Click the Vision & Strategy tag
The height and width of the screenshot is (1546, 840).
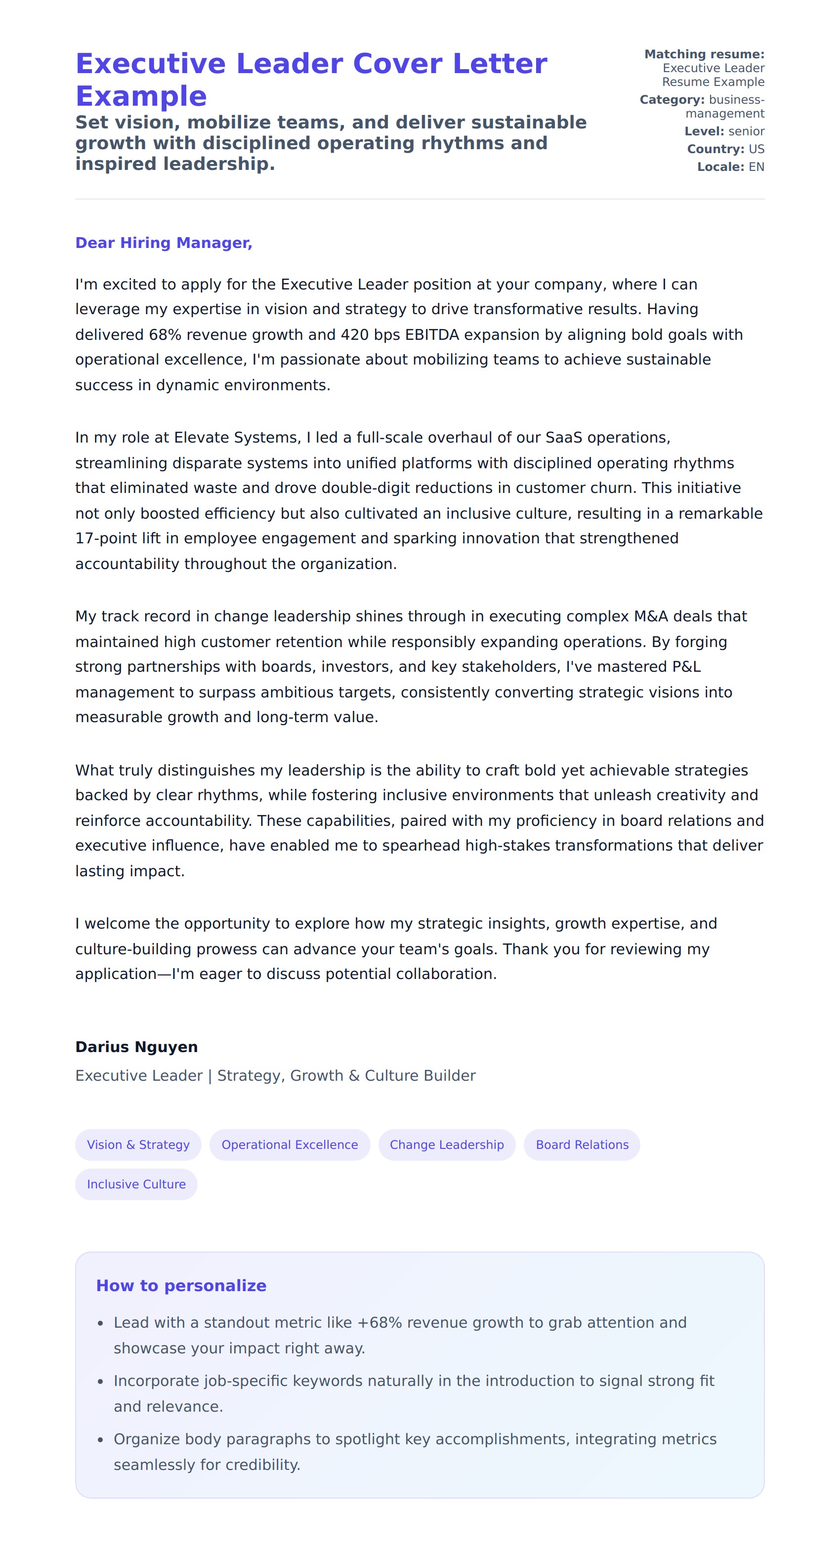click(x=138, y=1144)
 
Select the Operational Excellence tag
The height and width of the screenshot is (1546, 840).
click(x=290, y=1144)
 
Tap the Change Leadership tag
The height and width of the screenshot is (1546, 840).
click(x=447, y=1144)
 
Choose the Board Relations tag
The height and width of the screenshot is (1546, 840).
click(x=582, y=1144)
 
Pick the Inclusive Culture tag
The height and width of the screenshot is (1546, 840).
click(x=136, y=1184)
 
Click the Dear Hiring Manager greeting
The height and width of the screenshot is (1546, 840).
click(x=164, y=243)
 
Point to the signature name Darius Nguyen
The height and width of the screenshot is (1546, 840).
click(x=136, y=1047)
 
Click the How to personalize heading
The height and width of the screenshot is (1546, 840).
click(x=181, y=1286)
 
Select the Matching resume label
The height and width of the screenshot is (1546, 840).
click(x=704, y=54)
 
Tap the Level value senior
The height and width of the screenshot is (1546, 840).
click(x=746, y=131)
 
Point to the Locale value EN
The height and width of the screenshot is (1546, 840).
click(x=756, y=167)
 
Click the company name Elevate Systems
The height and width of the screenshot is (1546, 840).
click(x=237, y=438)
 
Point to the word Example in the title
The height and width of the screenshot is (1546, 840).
click(x=141, y=96)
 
